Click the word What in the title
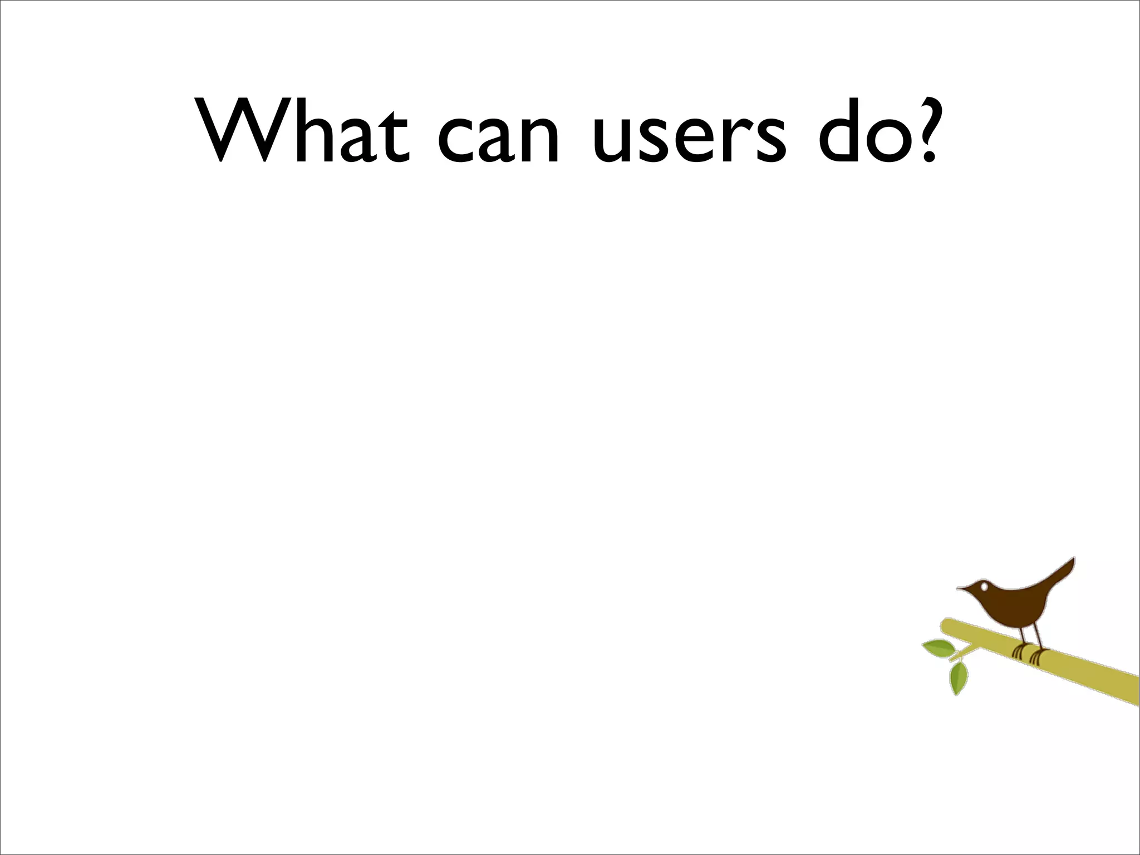303,131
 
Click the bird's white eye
984,586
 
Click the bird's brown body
1016,607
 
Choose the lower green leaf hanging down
959,678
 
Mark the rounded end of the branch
945,626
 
